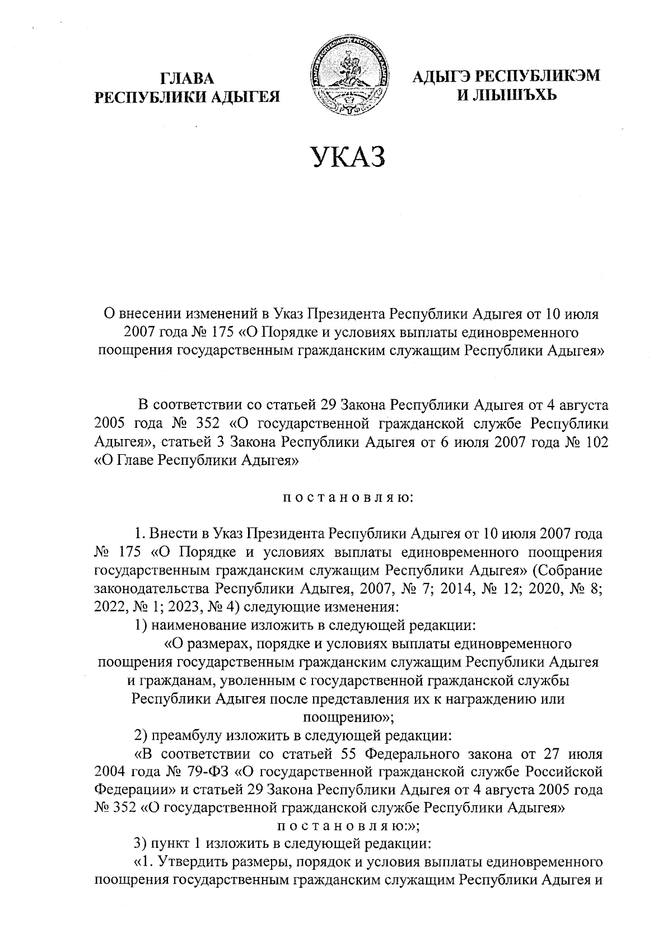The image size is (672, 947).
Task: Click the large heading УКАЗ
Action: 348,157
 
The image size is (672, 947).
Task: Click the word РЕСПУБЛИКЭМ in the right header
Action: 538,76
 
